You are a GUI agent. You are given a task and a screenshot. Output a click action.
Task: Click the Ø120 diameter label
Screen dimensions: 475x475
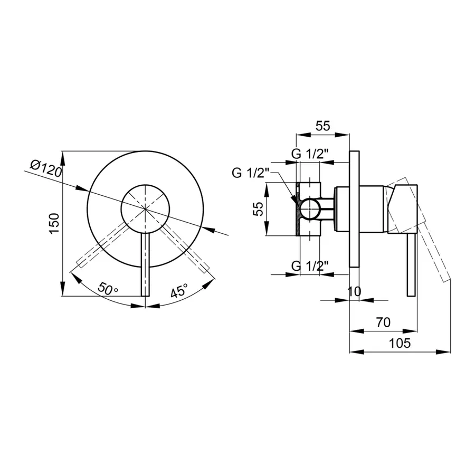pyautogui.click(x=46, y=169)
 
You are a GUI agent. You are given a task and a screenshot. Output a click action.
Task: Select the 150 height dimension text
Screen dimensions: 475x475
pyautogui.click(x=54, y=223)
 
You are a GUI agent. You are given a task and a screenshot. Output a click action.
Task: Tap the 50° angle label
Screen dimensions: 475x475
pyautogui.click(x=108, y=289)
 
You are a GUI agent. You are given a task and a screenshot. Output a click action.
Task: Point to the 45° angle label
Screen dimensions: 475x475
pyautogui.click(x=179, y=290)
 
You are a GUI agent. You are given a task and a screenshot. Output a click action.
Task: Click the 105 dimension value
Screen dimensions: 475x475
pyautogui.click(x=400, y=343)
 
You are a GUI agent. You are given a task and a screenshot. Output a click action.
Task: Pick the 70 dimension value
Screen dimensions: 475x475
pyautogui.click(x=383, y=322)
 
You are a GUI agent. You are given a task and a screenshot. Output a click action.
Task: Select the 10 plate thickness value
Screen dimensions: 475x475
pyautogui.click(x=354, y=291)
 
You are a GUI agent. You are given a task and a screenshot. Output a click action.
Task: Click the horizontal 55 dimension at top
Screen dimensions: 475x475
pyautogui.click(x=322, y=126)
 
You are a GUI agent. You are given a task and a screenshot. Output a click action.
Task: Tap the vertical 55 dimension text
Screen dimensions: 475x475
pyautogui.click(x=258, y=208)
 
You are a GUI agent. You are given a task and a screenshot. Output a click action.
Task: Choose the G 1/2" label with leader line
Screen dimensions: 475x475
pyautogui.click(x=251, y=173)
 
